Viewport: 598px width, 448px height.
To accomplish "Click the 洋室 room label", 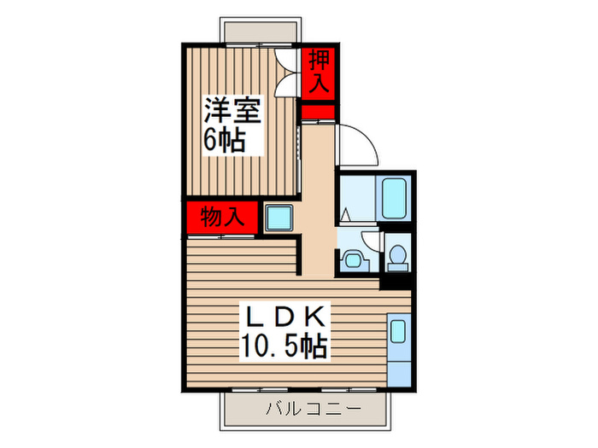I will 232,110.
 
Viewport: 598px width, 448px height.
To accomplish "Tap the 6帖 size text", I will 224,139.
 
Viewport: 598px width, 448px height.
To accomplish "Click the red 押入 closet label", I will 318,72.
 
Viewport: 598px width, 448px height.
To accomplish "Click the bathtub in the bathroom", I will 395,199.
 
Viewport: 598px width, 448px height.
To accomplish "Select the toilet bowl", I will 396,256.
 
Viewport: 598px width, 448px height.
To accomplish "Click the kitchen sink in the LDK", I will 397,329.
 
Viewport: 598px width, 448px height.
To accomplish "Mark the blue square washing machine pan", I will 278,218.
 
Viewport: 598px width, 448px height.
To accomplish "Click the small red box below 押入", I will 318,111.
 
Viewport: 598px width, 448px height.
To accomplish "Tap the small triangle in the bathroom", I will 345,213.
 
